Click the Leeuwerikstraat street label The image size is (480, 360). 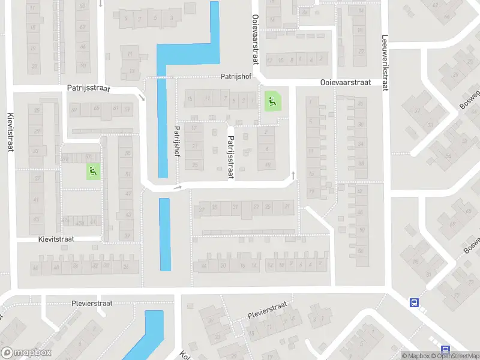pyautogui.click(x=385, y=62)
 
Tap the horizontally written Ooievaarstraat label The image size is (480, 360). pyautogui.click(x=344, y=82)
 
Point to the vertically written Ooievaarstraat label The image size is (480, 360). pyautogui.click(x=256, y=40)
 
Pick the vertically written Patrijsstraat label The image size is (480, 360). pyautogui.click(x=230, y=157)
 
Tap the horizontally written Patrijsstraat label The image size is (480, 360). pyautogui.click(x=89, y=88)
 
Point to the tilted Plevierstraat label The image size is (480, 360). pyautogui.click(x=268, y=310)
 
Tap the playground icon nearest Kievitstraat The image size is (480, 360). pyautogui.click(x=93, y=172)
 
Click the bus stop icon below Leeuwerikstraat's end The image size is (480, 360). pyautogui.click(x=414, y=302)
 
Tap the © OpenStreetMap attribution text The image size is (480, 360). pyautogui.click(x=455, y=356)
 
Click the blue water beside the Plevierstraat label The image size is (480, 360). pyautogui.click(x=148, y=333)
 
